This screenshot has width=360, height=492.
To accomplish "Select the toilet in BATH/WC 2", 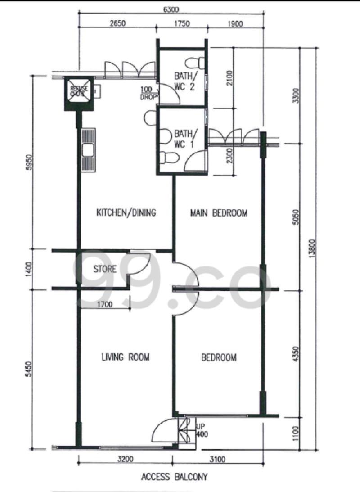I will [197, 62].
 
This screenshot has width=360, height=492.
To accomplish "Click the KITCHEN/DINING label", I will [126, 212].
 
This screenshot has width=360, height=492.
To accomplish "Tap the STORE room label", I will [104, 269].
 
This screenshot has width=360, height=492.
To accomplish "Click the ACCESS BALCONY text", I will [174, 476].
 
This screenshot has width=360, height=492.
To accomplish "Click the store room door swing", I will [139, 262].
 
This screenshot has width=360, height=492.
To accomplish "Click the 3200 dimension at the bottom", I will [126, 460].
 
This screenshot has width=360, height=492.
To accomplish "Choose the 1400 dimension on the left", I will [30, 269].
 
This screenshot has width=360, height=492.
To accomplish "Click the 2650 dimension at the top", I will [117, 23].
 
